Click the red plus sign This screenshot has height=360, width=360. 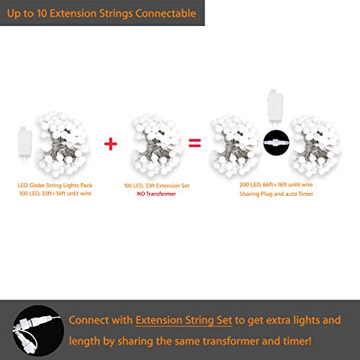[111, 144]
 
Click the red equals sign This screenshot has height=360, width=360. [194, 143]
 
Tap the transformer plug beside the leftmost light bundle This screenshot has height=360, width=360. [24, 143]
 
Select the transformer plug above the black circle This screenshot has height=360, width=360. [275, 108]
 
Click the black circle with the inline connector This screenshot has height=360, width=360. [276, 143]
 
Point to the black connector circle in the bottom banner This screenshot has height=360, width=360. [38, 330]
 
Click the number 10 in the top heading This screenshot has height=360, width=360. [42, 14]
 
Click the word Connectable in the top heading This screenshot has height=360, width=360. [166, 14]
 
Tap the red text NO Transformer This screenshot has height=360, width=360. [156, 194]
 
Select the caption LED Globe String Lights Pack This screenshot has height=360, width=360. [55, 185]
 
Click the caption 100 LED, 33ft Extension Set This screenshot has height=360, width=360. [156, 186]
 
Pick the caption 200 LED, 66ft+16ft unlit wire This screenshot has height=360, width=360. [276, 184]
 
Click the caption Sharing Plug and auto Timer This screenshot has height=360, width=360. [276, 194]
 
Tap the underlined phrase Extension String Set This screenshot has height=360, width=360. [184, 320]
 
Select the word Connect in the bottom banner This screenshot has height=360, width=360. [89, 320]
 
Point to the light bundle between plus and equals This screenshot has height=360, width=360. [156, 145]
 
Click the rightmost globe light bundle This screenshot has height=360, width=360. [315, 145]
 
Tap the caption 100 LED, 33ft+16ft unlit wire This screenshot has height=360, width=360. [55, 194]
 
